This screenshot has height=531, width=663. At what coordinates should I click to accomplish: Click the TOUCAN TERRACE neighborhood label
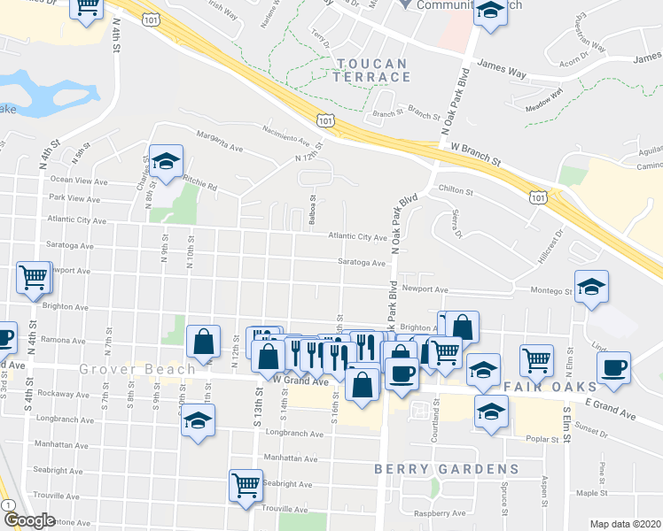[372, 70]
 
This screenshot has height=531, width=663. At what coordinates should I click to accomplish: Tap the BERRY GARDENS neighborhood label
[446, 468]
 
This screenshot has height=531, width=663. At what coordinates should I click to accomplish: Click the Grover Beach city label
[136, 368]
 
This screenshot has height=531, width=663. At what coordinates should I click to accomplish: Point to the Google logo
[28, 520]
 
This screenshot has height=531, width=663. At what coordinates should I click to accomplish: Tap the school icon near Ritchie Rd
[166, 161]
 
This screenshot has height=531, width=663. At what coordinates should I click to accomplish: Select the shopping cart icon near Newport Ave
[34, 277]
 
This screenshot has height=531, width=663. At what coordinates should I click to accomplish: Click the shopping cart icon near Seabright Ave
[246, 485]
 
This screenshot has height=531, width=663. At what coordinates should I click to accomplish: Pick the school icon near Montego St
[591, 287]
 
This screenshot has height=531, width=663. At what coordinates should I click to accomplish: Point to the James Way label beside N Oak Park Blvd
[503, 65]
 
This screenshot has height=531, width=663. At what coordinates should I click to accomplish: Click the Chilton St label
[456, 190]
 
